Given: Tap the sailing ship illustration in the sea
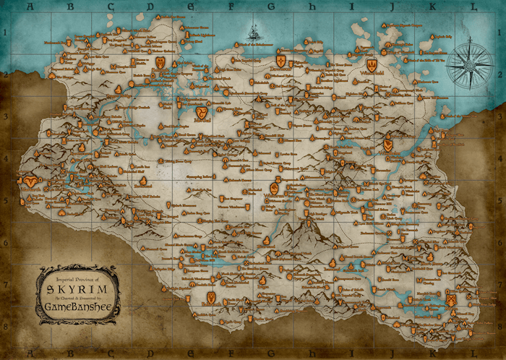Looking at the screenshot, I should (254, 33).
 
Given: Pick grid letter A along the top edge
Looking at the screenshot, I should (30, 7).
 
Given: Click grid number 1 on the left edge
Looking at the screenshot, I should (5, 33).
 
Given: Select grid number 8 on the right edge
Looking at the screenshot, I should (500, 326).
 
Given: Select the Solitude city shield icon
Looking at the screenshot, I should (160, 62).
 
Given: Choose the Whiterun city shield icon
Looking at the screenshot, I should (275, 188).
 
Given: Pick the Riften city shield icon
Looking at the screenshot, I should (450, 298).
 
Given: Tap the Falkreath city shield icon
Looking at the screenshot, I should (210, 297).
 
